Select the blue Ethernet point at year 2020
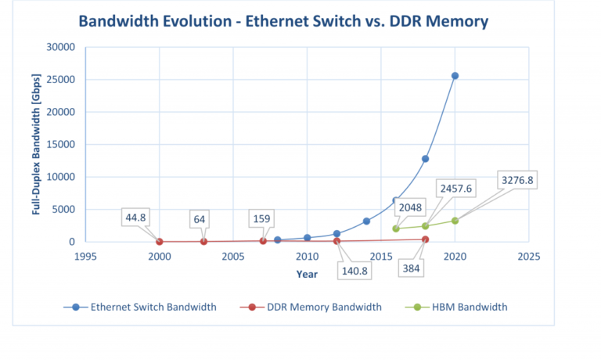click(x=455, y=76)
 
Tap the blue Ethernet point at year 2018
click(x=425, y=159)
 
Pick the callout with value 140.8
click(x=354, y=271)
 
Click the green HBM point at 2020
click(x=455, y=221)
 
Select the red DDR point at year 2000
click(x=160, y=242)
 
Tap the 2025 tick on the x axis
click(x=529, y=256)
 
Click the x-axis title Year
click(x=307, y=274)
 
